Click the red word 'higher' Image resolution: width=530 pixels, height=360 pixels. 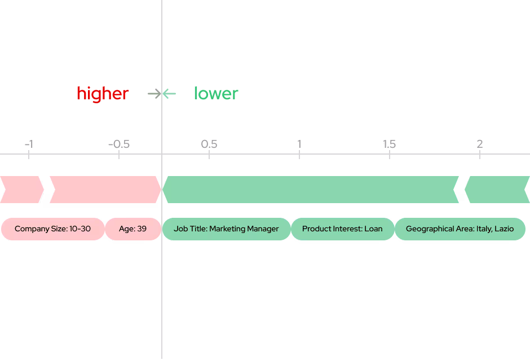103,94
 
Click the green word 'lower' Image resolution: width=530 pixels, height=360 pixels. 216,94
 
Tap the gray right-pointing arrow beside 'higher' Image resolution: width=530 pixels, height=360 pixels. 153,94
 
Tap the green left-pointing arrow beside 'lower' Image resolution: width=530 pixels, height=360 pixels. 170,94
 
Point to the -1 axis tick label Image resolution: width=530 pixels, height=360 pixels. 29,144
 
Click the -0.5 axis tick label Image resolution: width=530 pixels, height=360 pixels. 118,144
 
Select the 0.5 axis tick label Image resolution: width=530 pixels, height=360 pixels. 209,144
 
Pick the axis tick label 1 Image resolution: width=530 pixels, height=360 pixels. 299,144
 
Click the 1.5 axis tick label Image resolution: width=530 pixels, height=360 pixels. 389,144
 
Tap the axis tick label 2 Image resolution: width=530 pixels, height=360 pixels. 479,144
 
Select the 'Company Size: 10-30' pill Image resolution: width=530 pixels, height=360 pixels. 52,229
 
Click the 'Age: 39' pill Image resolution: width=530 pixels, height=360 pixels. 132,229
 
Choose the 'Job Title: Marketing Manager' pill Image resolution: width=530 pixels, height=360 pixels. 226,229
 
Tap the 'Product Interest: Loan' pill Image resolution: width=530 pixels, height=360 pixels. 342,229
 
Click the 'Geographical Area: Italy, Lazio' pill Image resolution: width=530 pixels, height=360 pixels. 460,229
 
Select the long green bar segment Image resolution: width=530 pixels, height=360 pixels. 310,190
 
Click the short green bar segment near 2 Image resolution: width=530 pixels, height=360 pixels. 497,190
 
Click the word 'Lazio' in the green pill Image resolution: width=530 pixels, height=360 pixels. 503,229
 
